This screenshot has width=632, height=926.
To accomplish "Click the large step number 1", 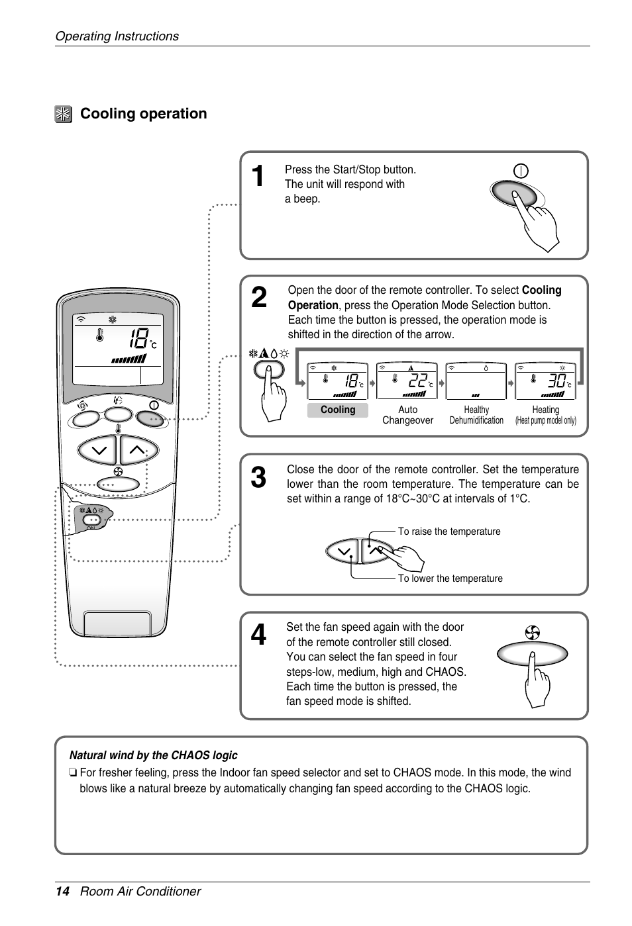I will (x=258, y=177).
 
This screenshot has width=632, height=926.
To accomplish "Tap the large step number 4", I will (x=259, y=635).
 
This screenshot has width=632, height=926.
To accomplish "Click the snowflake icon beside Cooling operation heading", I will (x=63, y=115).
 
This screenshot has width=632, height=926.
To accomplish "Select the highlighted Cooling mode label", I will (x=338, y=410).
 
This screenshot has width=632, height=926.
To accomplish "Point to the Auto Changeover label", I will (x=407, y=415).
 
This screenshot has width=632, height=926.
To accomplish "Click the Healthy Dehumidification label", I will (x=476, y=415).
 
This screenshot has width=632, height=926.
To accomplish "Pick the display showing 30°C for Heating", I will (x=545, y=381).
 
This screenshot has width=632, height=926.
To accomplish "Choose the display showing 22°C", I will (x=407, y=381).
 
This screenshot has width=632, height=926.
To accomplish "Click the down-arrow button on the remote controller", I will (x=97, y=451).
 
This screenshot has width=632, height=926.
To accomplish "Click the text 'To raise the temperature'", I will (x=449, y=532).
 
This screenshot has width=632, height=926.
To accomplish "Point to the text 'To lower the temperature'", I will (x=450, y=579).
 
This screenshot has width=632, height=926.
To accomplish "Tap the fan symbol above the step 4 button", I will (x=532, y=633).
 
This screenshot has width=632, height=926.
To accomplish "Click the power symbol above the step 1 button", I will (x=521, y=171).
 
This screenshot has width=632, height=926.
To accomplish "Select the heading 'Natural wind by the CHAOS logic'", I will (x=153, y=755).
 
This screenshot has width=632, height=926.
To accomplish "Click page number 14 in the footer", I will (x=62, y=892).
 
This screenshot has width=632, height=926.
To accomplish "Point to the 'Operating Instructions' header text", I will (x=117, y=36).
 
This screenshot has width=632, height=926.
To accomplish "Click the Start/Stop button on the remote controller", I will (x=152, y=418).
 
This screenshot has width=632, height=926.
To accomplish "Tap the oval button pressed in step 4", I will (x=532, y=655).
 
